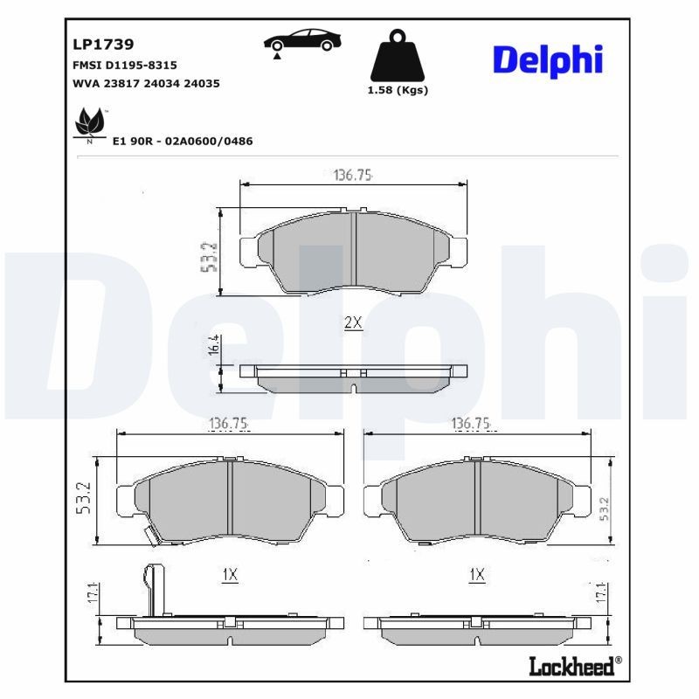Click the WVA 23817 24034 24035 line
point(145,84)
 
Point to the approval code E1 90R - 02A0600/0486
point(183,141)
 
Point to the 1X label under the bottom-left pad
point(230,574)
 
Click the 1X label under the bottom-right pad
point(476,574)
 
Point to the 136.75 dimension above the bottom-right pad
point(474,424)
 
